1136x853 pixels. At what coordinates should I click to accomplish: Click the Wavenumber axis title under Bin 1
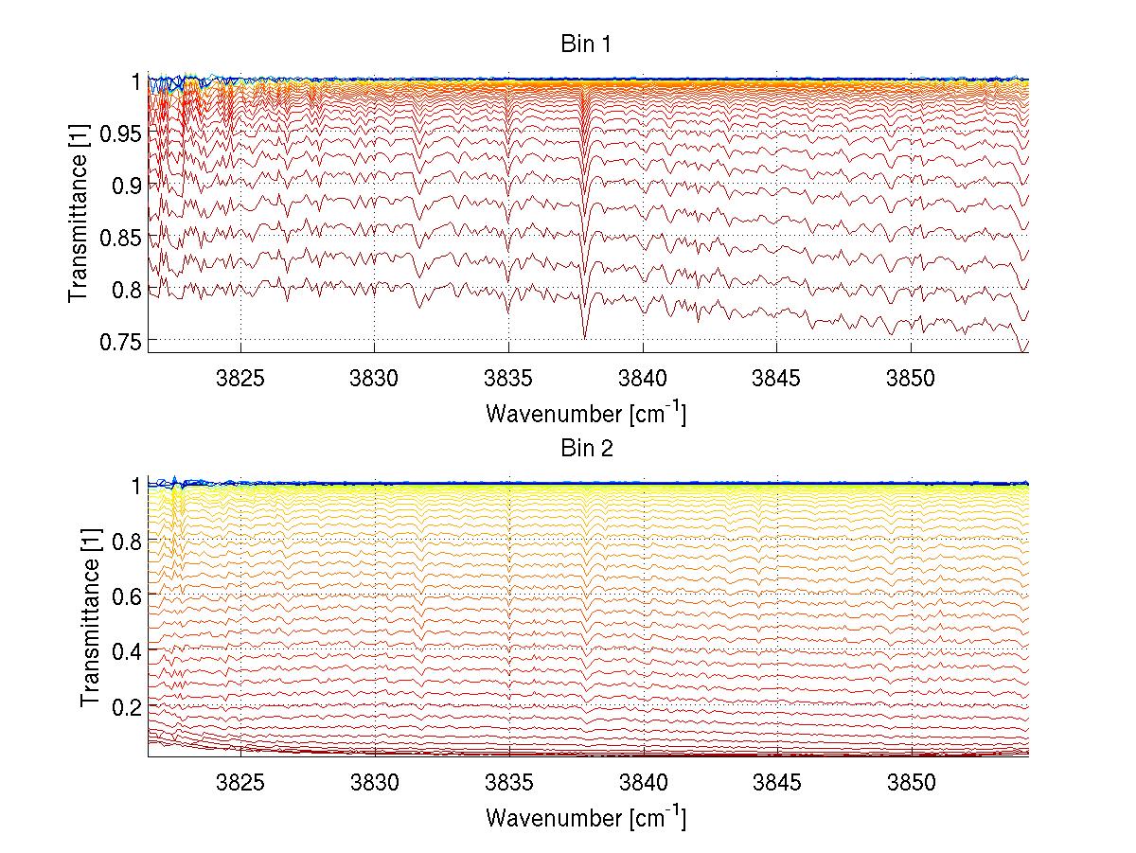[586, 413]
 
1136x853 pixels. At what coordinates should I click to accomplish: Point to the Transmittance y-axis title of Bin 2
[91, 619]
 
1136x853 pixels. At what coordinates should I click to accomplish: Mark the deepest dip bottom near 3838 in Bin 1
[584, 338]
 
